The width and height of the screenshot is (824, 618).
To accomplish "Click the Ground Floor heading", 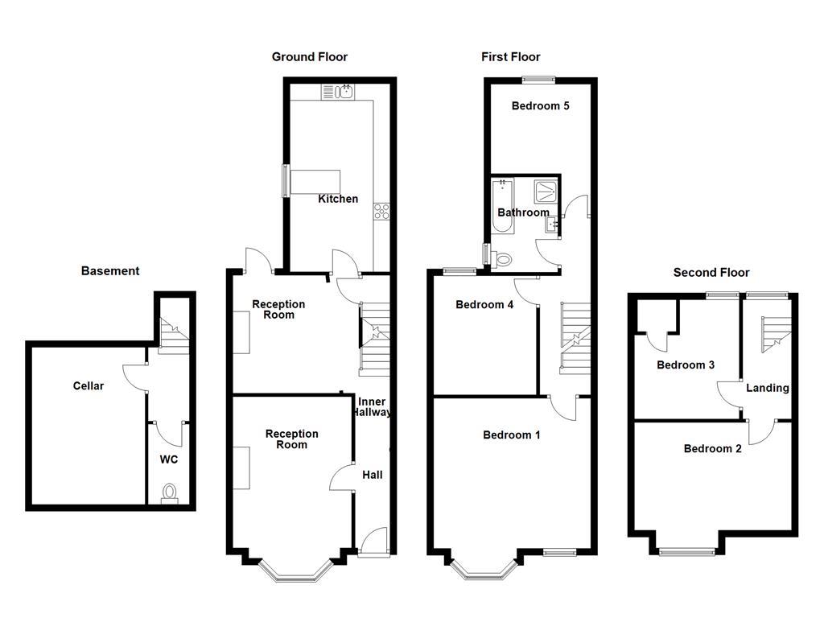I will pyautogui.click(x=309, y=56).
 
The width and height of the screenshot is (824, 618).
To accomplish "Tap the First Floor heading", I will pyautogui.click(x=510, y=56).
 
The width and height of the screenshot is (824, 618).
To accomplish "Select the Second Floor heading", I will pyautogui.click(x=711, y=273).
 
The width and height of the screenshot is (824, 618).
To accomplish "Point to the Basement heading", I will pyautogui.click(x=110, y=271).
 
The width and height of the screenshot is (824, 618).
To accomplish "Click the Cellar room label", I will pyautogui.click(x=89, y=386).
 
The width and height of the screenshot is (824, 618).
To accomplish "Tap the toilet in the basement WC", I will pyautogui.click(x=170, y=492).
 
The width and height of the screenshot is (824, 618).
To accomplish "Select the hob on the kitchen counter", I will pyautogui.click(x=381, y=212).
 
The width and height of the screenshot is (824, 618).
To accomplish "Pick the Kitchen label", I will pyautogui.click(x=338, y=199).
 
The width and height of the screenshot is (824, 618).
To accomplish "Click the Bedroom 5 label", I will pyautogui.click(x=540, y=105).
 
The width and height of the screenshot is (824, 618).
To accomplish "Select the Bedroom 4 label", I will pyautogui.click(x=484, y=304).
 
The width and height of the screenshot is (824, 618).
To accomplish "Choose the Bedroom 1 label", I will pyautogui.click(x=512, y=435).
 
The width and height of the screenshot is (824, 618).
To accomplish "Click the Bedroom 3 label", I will pyautogui.click(x=686, y=365).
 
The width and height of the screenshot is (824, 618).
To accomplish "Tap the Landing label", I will pyautogui.click(x=767, y=388).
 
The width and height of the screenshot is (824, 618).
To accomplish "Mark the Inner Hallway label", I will pyautogui.click(x=372, y=407).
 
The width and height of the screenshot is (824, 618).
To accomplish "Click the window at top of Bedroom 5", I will pyautogui.click(x=538, y=79).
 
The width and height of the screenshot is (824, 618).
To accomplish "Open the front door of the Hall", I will pyautogui.click(x=373, y=541).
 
